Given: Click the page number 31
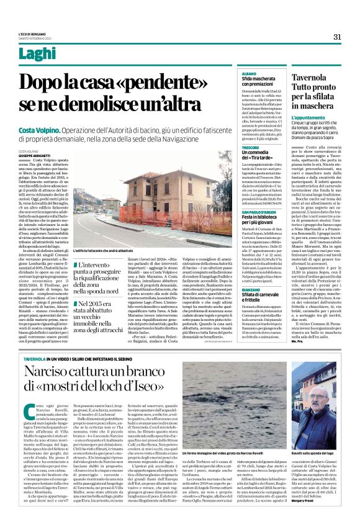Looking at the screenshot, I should (337, 37).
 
